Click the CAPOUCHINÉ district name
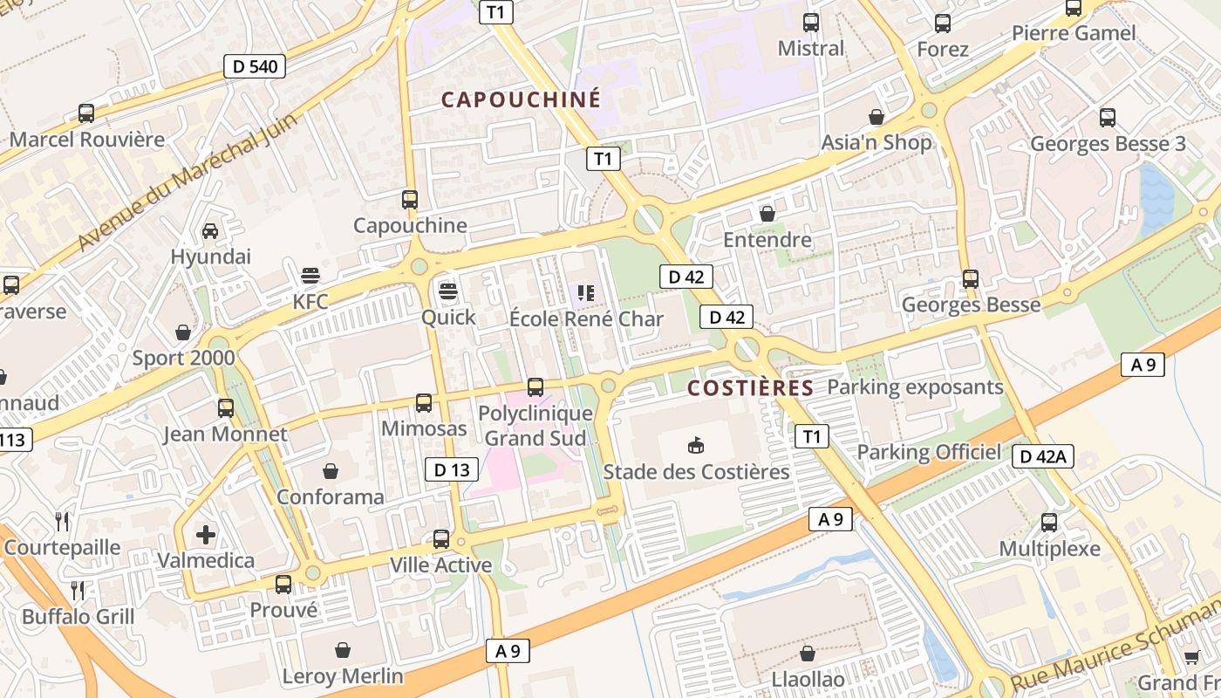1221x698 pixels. (521, 99)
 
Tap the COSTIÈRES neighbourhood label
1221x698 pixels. (750, 388)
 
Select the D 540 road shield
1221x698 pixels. (255, 65)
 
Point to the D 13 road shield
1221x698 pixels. (452, 469)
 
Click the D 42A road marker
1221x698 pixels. (1043, 455)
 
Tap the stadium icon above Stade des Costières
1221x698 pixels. (696, 446)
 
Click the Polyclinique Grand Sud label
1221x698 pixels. (535, 426)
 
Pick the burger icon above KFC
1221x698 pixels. (310, 276)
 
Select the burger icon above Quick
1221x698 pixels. (448, 291)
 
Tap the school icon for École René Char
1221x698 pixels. (585, 293)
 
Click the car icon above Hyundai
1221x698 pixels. (210, 230)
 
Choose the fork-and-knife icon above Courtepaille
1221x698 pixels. (62, 521)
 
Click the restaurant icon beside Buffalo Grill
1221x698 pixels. (78, 590)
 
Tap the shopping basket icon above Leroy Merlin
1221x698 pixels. (343, 649)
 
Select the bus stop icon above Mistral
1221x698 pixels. (811, 23)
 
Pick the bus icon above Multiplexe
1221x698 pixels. (1049, 522)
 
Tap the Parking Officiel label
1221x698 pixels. (929, 452)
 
